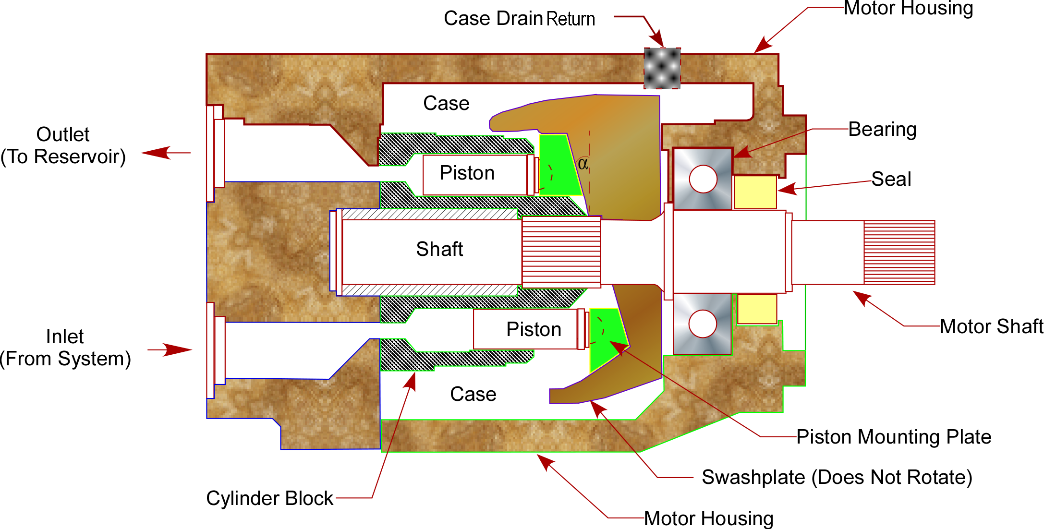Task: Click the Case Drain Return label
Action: [x=519, y=19]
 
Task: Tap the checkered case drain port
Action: [x=662, y=68]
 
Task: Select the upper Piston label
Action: [x=467, y=173]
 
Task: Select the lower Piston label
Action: [x=534, y=329]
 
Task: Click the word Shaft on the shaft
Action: [x=439, y=249]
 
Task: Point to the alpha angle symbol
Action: [x=583, y=164]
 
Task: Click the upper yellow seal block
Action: [x=755, y=192]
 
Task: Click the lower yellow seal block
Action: [x=757, y=309]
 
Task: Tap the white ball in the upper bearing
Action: [x=703, y=179]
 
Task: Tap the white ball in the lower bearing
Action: [x=703, y=324]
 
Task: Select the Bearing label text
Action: [x=882, y=130]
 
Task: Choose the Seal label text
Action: [x=891, y=179]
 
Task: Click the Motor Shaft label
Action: [x=991, y=326]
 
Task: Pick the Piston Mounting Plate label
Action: [x=894, y=437]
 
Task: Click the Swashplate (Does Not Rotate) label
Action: [x=837, y=477]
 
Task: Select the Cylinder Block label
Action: [x=269, y=498]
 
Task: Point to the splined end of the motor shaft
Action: [x=899, y=252]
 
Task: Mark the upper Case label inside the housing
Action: [x=446, y=103]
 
